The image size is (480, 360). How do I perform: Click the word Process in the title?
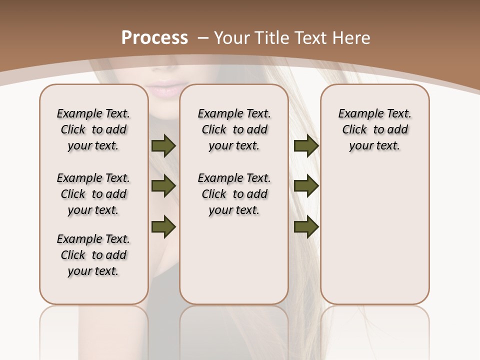(x=154, y=38)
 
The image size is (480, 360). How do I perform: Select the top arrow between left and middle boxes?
(x=163, y=146)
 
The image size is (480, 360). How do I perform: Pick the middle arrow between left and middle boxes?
(x=163, y=186)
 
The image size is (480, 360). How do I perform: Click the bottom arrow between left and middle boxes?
(x=163, y=227)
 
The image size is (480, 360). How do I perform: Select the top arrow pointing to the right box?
(x=306, y=146)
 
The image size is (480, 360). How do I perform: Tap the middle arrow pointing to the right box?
(x=306, y=186)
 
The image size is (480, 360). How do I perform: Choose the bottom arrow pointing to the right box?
(x=306, y=227)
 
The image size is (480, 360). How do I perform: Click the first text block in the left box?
(x=93, y=129)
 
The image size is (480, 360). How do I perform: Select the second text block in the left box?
(x=93, y=194)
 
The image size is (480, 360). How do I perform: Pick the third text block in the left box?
(x=93, y=255)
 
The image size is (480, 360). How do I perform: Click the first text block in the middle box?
(x=234, y=129)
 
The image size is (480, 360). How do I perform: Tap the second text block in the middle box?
(x=234, y=194)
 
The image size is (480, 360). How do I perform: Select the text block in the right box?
(x=375, y=129)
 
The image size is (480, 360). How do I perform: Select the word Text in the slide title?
(x=311, y=38)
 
